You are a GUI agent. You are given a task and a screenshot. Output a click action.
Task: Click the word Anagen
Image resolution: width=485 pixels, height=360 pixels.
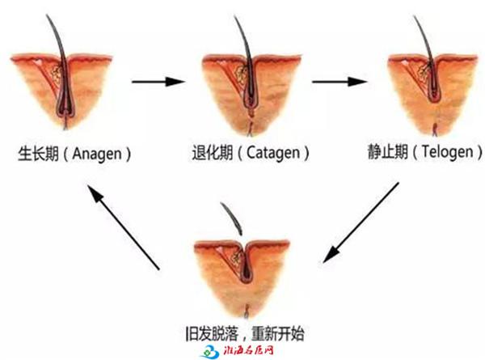click(x=96, y=155)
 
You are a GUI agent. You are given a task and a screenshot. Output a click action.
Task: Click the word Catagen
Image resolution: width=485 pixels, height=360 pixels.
click(x=273, y=153)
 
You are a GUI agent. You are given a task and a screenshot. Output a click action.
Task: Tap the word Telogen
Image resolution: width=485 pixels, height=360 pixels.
click(x=448, y=152)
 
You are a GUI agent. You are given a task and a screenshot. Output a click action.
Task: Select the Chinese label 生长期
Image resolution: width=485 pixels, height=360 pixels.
click(x=38, y=154)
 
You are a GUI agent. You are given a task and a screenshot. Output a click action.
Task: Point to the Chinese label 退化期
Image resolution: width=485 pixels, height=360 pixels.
click(x=213, y=153)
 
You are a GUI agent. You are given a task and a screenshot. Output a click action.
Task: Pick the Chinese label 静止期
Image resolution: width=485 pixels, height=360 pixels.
click(x=387, y=151)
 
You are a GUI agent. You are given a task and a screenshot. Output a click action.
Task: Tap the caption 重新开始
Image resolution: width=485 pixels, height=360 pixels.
click(x=278, y=333)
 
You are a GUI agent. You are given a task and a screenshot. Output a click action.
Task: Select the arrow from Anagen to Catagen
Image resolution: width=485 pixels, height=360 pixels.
click(x=158, y=82)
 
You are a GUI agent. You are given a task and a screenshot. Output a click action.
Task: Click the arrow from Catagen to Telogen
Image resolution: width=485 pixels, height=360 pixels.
click(x=339, y=82)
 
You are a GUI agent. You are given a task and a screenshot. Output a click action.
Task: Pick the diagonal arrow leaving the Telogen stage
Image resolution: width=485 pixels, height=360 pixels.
click(x=361, y=222)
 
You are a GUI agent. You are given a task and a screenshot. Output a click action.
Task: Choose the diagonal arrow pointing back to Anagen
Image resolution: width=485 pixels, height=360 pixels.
click(x=123, y=227)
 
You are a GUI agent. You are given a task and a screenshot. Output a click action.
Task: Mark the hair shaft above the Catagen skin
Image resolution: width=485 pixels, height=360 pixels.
click(x=243, y=36)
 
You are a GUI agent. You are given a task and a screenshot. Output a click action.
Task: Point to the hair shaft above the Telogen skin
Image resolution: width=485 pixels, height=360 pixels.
click(x=424, y=36)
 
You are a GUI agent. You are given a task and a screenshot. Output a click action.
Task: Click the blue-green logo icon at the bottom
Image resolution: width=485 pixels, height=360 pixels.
click(x=210, y=352)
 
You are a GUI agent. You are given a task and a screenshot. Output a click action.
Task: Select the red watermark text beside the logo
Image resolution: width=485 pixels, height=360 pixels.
click(x=248, y=351)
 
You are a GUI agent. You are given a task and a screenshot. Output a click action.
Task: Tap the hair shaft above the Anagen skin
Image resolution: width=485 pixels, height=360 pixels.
click(x=57, y=36)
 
